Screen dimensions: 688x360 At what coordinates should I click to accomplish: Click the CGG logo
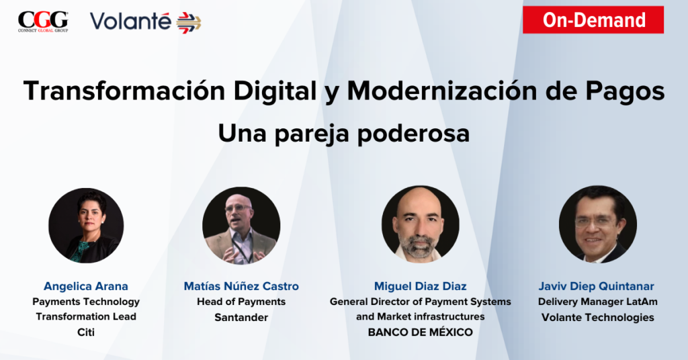pos(43,21)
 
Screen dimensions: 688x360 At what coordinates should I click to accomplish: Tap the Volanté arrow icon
pos(189,23)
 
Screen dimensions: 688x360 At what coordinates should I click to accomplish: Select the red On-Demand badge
pos(593,19)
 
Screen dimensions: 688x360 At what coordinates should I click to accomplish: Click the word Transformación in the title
pos(124,91)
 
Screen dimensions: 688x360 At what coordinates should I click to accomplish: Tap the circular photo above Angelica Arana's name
pos(86,226)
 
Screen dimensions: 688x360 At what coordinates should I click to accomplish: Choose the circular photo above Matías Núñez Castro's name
pos(241,226)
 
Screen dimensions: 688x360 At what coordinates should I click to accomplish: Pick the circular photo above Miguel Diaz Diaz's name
pos(421,224)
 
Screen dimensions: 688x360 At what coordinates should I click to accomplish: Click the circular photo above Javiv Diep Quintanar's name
pos(597,224)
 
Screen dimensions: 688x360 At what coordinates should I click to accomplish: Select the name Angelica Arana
pos(86,286)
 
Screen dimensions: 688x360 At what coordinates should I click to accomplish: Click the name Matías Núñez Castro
pos(241,286)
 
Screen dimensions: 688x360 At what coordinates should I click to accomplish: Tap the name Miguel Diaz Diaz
pos(421,286)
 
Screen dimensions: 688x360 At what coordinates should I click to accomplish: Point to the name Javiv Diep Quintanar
pos(597,286)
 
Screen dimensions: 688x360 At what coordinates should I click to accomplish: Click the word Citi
pos(86,332)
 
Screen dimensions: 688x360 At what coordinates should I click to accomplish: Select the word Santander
pos(241,317)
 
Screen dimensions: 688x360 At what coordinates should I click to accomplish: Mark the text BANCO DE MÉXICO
pos(421,332)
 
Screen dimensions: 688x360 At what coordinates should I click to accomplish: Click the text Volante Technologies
pos(597,317)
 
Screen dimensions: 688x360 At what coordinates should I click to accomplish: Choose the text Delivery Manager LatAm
pos(597,302)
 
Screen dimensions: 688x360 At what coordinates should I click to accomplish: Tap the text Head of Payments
pos(241,302)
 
